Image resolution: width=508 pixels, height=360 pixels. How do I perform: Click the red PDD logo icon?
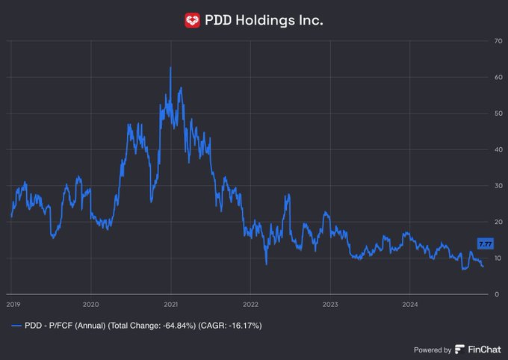point(193,20)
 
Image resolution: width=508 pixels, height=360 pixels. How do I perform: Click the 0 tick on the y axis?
point(495,294)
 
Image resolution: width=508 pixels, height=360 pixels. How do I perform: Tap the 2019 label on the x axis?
point(13,304)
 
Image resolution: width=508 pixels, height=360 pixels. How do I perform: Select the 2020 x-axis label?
point(90,304)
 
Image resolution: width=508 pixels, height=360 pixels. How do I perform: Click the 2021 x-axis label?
point(170,304)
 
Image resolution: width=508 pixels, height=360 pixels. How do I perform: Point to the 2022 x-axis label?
point(250,304)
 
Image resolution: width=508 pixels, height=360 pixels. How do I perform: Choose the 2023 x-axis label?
point(330,304)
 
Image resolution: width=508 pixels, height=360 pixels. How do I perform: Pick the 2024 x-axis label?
point(409,304)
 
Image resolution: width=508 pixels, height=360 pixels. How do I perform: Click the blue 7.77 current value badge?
point(485,243)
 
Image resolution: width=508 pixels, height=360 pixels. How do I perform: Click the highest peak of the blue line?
point(170,68)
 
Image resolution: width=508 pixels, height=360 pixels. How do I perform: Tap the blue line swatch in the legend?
point(16,326)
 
